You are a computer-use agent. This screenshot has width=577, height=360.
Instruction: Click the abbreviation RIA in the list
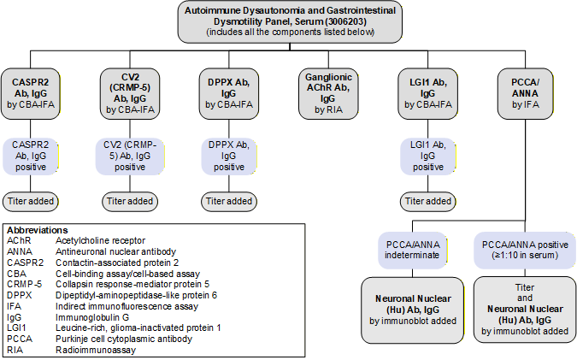pos(15,349)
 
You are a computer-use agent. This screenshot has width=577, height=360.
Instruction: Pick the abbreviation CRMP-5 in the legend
pos(23,283)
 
